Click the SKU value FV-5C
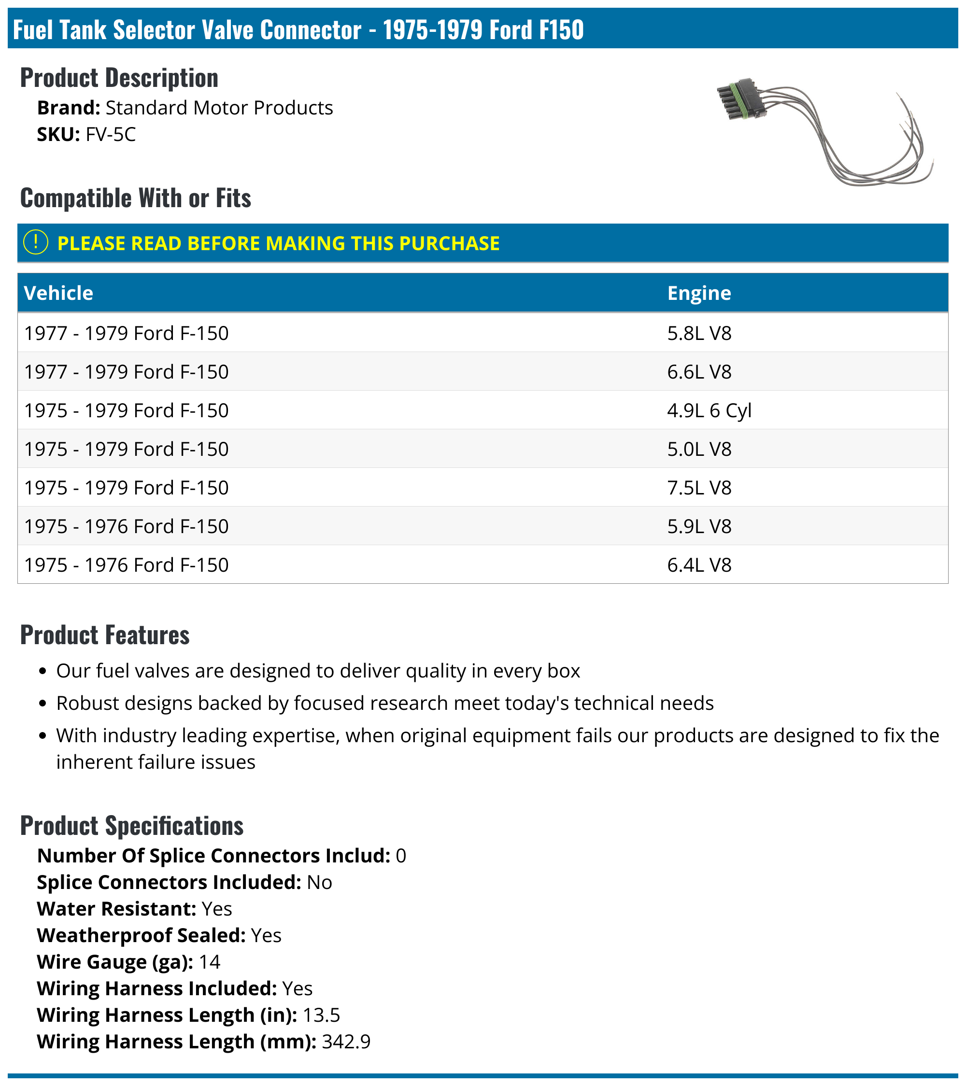coord(111,134)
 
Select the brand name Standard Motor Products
coord(219,108)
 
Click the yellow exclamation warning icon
coord(36,243)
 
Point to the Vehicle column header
coord(58,293)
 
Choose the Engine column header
coord(699,293)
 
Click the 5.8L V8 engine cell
coord(699,333)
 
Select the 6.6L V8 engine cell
coord(699,372)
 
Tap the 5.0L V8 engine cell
coord(699,449)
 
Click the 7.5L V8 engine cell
coord(699,488)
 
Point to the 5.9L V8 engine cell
coord(699,526)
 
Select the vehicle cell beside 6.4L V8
coord(127,565)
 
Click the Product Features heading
coord(105,635)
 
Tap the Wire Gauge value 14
coord(209,962)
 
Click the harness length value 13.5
coord(321,1015)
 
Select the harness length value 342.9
coord(346,1042)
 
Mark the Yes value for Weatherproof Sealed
coord(266,935)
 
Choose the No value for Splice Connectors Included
coord(319,882)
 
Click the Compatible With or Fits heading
coord(136,198)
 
